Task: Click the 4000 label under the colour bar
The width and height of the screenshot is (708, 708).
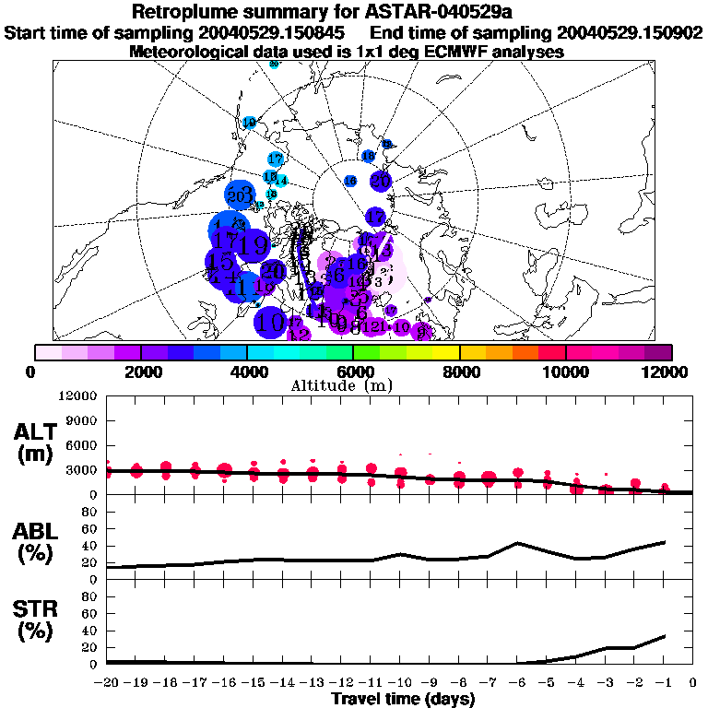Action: click(x=247, y=371)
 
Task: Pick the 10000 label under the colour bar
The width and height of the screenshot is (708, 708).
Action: click(x=565, y=371)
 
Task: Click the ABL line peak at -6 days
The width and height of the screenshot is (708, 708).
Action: click(x=518, y=543)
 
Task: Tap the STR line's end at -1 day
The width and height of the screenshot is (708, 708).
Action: click(x=664, y=636)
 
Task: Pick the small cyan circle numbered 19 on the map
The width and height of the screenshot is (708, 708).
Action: click(x=249, y=123)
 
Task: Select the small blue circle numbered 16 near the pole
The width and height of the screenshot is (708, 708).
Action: click(x=350, y=182)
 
